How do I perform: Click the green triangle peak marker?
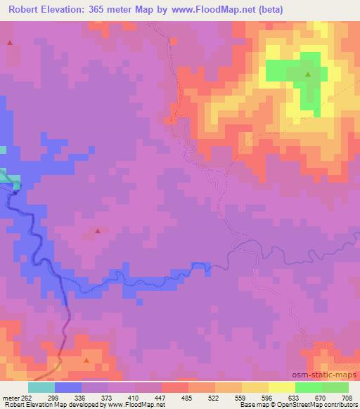point(308,72)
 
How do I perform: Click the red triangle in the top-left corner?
point(10,43)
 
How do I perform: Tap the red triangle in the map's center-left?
point(98,231)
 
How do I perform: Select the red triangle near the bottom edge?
point(86,361)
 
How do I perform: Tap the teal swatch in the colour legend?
point(41,387)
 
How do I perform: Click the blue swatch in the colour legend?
point(68,387)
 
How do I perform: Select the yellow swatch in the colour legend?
point(282,387)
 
